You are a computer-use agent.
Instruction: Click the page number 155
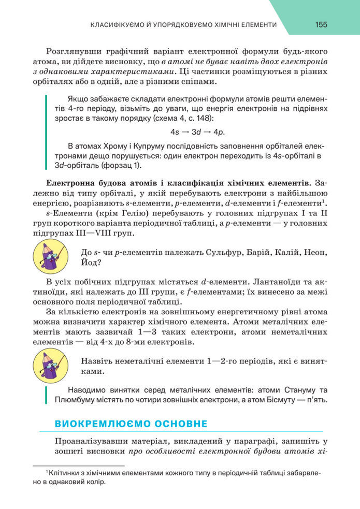(x=321, y=25)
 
